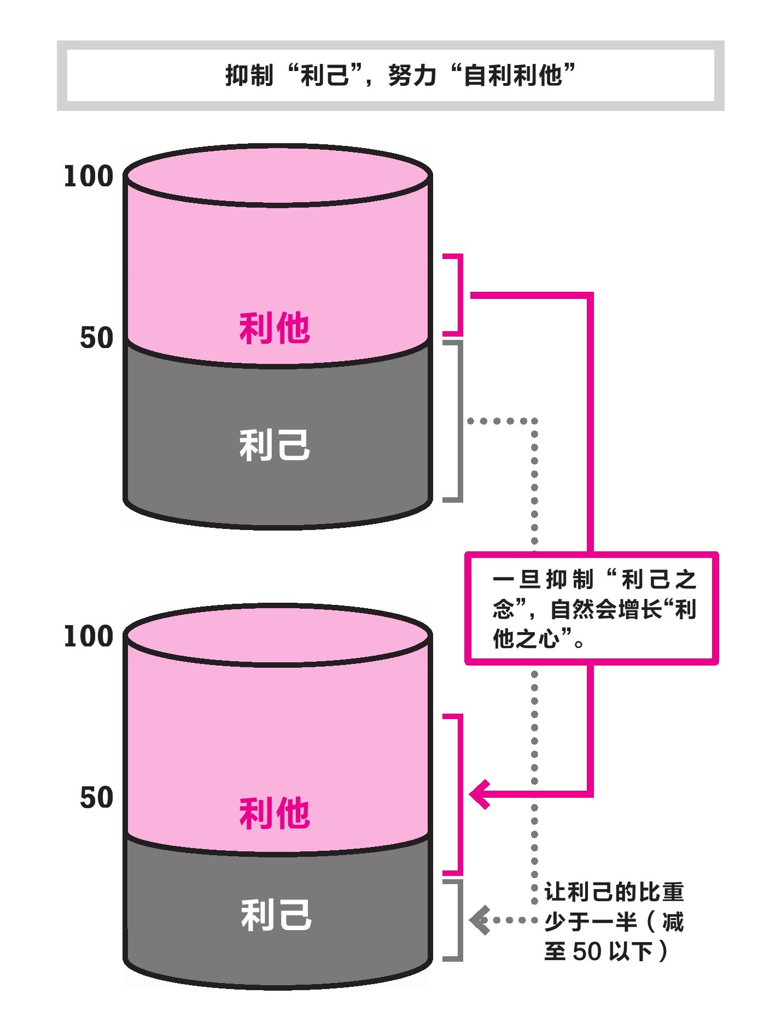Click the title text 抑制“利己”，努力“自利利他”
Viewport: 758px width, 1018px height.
point(400,75)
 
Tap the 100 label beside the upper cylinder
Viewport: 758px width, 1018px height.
point(89,176)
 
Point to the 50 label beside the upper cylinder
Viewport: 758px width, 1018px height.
point(97,338)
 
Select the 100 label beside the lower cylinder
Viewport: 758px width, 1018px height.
point(89,637)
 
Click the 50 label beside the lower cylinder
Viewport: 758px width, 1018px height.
point(97,798)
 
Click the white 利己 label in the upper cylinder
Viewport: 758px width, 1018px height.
point(275,445)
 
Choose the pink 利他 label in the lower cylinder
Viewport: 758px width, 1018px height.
point(275,813)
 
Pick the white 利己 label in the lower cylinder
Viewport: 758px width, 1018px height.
point(276,915)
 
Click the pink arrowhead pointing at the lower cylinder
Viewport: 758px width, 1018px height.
point(480,794)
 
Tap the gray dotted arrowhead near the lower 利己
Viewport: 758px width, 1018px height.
point(480,920)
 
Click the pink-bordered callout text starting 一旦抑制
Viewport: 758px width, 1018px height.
point(594,609)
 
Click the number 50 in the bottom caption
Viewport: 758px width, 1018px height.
point(587,951)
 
